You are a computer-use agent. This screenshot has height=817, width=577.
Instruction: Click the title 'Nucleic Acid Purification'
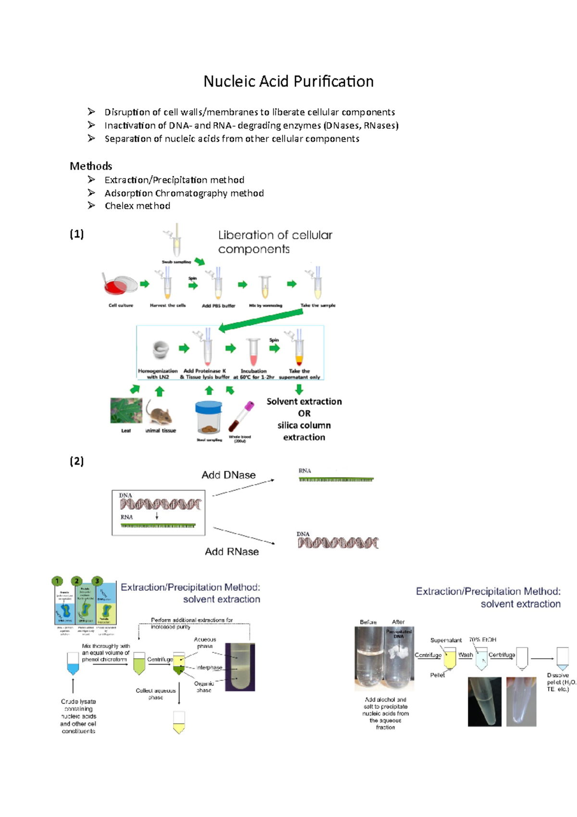click(x=288, y=81)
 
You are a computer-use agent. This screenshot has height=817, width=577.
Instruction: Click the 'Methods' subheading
click(x=91, y=166)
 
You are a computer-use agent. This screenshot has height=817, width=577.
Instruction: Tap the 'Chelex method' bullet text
click(x=137, y=206)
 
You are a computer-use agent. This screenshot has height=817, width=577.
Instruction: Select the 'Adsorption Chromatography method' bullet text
click(x=184, y=193)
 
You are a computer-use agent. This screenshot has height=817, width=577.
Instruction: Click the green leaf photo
click(x=126, y=410)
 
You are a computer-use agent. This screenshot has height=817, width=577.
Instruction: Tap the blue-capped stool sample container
click(x=209, y=417)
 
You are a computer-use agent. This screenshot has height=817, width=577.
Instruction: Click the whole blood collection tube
click(x=241, y=417)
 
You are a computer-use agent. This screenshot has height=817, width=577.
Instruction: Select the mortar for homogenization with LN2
click(x=161, y=350)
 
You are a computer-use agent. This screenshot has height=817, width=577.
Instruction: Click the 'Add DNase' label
click(x=228, y=475)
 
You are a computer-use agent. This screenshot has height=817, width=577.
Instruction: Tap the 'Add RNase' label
click(x=232, y=551)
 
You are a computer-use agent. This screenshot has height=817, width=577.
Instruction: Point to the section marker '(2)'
click(x=76, y=461)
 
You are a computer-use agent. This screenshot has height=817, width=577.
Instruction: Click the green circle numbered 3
click(x=97, y=581)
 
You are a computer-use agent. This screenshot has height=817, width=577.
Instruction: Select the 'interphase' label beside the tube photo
click(x=209, y=667)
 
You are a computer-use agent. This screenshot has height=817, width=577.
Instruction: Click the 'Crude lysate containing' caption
click(x=78, y=705)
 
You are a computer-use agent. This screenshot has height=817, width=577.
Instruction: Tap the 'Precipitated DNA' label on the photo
click(x=399, y=633)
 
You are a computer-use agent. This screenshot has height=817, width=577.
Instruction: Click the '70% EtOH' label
click(x=482, y=639)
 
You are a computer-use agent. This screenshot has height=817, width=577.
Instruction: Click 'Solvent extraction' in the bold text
click(x=304, y=401)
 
